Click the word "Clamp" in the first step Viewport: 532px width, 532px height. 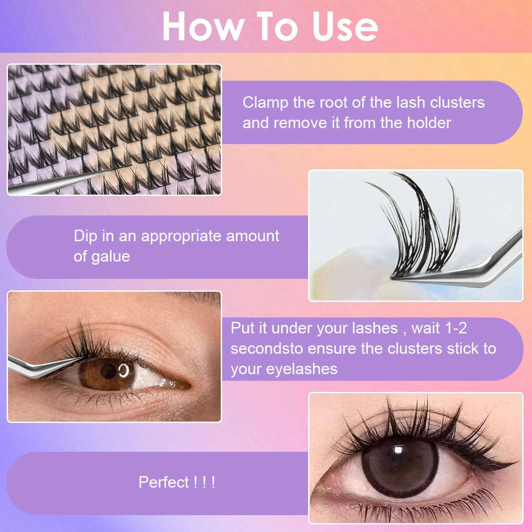(x=265, y=102)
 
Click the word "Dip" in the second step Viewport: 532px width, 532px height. (x=86, y=236)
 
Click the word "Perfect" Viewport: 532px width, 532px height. (x=164, y=482)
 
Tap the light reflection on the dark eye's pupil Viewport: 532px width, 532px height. (x=398, y=450)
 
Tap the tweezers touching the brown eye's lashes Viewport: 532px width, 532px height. (x=40, y=366)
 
